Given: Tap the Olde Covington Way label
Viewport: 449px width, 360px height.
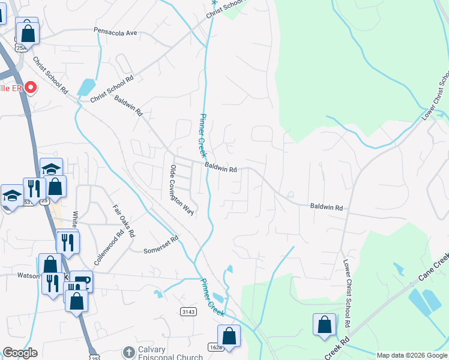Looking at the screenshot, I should click(x=182, y=190).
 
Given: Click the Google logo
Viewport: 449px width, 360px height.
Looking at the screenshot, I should click(x=20, y=353).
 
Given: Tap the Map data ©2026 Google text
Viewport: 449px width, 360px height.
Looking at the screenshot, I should click(x=412, y=355).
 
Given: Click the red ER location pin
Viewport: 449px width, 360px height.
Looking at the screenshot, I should click(x=29, y=88).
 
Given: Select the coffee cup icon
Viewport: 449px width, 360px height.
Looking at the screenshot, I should click(x=81, y=281).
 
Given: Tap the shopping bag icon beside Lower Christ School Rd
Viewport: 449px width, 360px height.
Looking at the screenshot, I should click(x=324, y=325).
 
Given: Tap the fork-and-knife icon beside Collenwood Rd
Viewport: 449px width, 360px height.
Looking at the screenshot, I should click(x=68, y=242).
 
